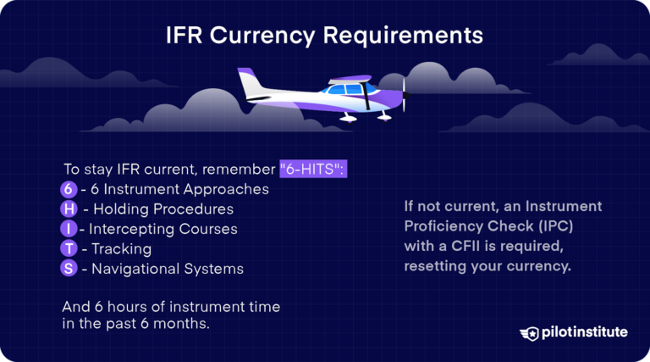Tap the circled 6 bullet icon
[69, 189]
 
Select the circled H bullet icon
[69, 209]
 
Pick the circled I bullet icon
[69, 229]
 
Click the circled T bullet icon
[69, 249]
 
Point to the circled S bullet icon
[69, 269]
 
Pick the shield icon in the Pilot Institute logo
[530, 333]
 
